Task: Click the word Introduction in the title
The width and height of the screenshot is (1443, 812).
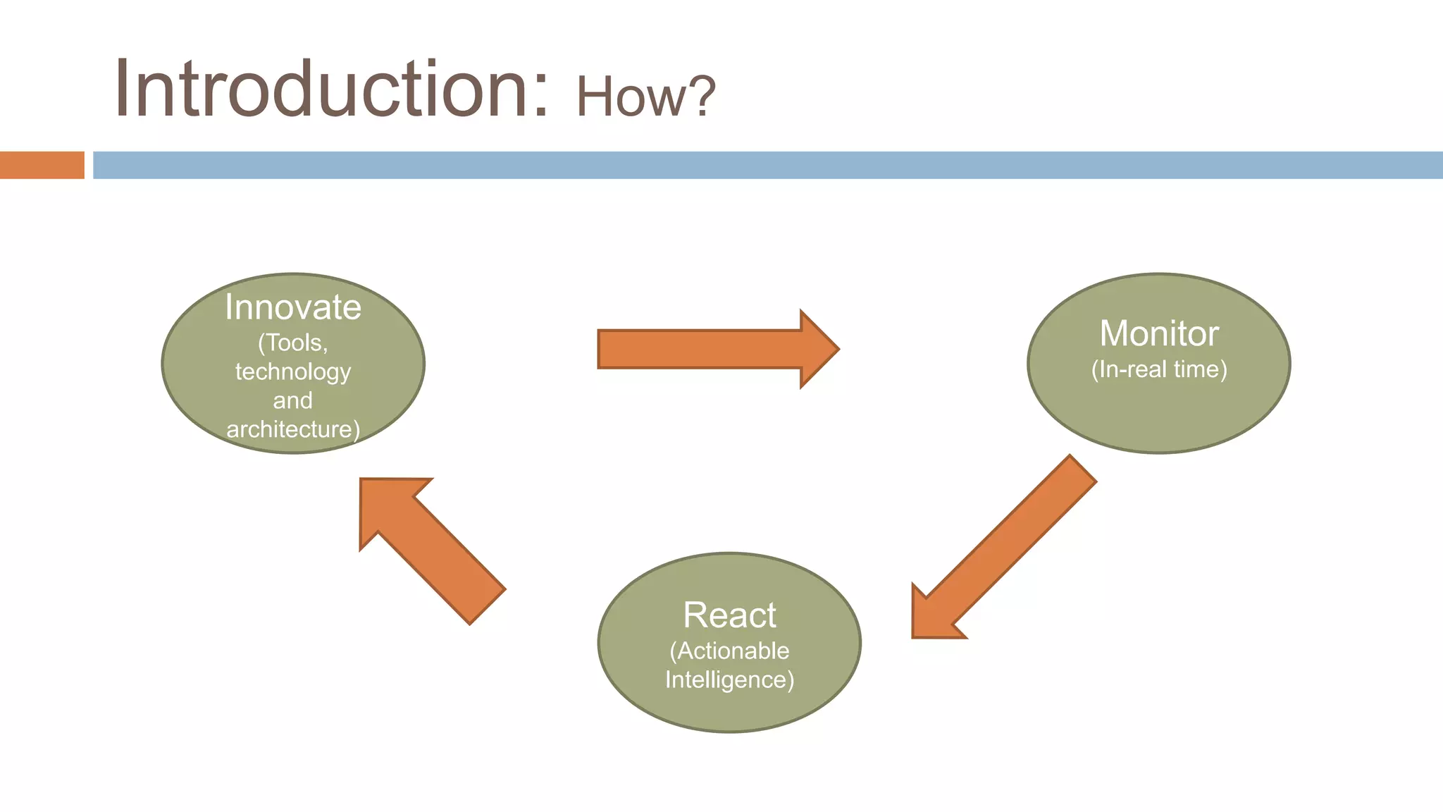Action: pos(321,90)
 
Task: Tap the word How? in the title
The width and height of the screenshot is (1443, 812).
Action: pos(645,97)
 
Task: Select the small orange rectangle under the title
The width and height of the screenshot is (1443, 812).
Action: pos(42,165)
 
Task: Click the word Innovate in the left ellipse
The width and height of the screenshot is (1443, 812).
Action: pos(293,308)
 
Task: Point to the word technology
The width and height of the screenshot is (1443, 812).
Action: pos(293,371)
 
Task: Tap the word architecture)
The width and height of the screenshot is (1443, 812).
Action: pos(293,429)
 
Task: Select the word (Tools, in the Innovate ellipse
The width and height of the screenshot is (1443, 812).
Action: pos(293,343)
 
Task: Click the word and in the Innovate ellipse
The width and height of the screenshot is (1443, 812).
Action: pos(293,400)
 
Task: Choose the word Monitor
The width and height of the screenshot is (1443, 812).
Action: pos(1159,333)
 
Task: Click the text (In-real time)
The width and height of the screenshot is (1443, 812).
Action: pos(1159,369)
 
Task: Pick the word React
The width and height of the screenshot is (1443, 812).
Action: pos(729,615)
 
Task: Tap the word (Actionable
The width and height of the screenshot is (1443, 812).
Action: pos(729,651)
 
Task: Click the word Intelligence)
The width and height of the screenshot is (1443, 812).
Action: pos(729,679)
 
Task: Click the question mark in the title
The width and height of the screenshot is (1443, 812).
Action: pos(702,97)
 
